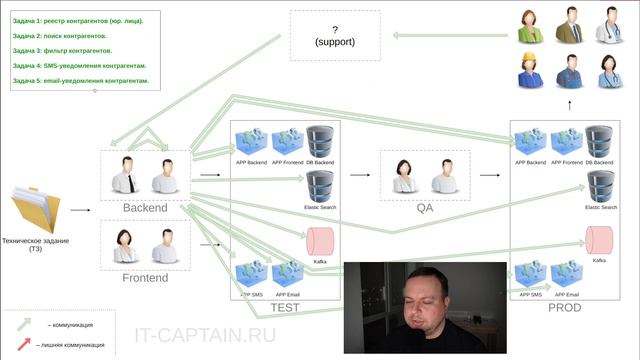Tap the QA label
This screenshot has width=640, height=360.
424,208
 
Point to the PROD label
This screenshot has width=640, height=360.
564,308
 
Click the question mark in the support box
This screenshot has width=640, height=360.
335,30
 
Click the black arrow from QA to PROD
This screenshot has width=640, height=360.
489,174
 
